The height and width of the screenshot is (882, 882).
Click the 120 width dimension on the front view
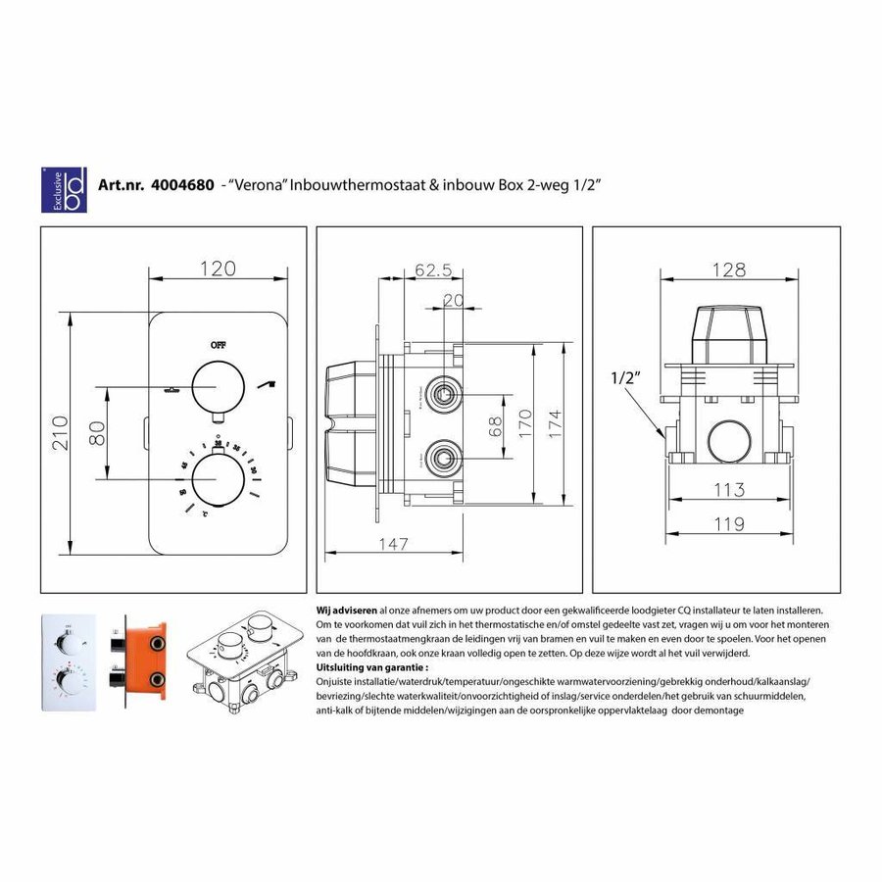(219, 267)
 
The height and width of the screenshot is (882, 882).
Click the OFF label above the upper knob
(218, 344)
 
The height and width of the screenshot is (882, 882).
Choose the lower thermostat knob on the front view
(218, 480)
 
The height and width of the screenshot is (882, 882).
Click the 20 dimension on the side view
(453, 302)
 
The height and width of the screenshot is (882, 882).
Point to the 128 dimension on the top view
(727, 269)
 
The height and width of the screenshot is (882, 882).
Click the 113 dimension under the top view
(727, 489)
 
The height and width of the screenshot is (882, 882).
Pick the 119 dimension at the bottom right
(727, 524)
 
